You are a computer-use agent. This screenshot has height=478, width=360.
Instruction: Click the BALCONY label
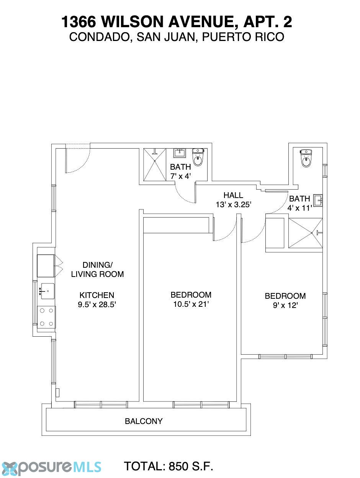pyautogui.click(x=144, y=421)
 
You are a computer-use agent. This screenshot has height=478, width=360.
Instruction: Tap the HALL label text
pyautogui.click(x=233, y=195)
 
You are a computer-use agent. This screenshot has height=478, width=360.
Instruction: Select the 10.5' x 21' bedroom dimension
pyautogui.click(x=191, y=304)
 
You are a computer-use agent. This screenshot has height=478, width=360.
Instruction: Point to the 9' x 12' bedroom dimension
pyautogui.click(x=285, y=306)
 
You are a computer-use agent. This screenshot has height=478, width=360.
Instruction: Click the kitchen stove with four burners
pyautogui.click(x=46, y=317)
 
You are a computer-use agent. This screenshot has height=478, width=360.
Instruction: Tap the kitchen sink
pyautogui.click(x=47, y=291)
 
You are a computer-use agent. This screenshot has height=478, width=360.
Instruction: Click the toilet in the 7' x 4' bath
pyautogui.click(x=198, y=157)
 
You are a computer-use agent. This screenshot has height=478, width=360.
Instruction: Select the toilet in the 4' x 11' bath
pyautogui.click(x=306, y=158)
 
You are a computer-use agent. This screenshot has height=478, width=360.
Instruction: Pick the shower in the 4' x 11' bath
pyautogui.click(x=305, y=233)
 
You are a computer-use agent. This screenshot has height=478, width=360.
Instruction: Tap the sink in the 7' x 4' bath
pyautogui.click(x=180, y=153)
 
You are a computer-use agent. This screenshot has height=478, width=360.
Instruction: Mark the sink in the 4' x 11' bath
pyautogui.click(x=318, y=200)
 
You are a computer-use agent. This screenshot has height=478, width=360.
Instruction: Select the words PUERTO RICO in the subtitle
pyautogui.click(x=243, y=37)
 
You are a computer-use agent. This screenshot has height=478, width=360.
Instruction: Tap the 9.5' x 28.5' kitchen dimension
pyautogui.click(x=97, y=304)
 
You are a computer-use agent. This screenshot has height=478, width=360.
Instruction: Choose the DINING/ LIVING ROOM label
pyautogui.click(x=97, y=269)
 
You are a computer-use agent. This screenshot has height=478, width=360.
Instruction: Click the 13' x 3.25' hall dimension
pyautogui.click(x=234, y=205)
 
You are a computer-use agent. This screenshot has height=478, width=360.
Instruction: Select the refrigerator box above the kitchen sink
pyautogui.click(x=46, y=266)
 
